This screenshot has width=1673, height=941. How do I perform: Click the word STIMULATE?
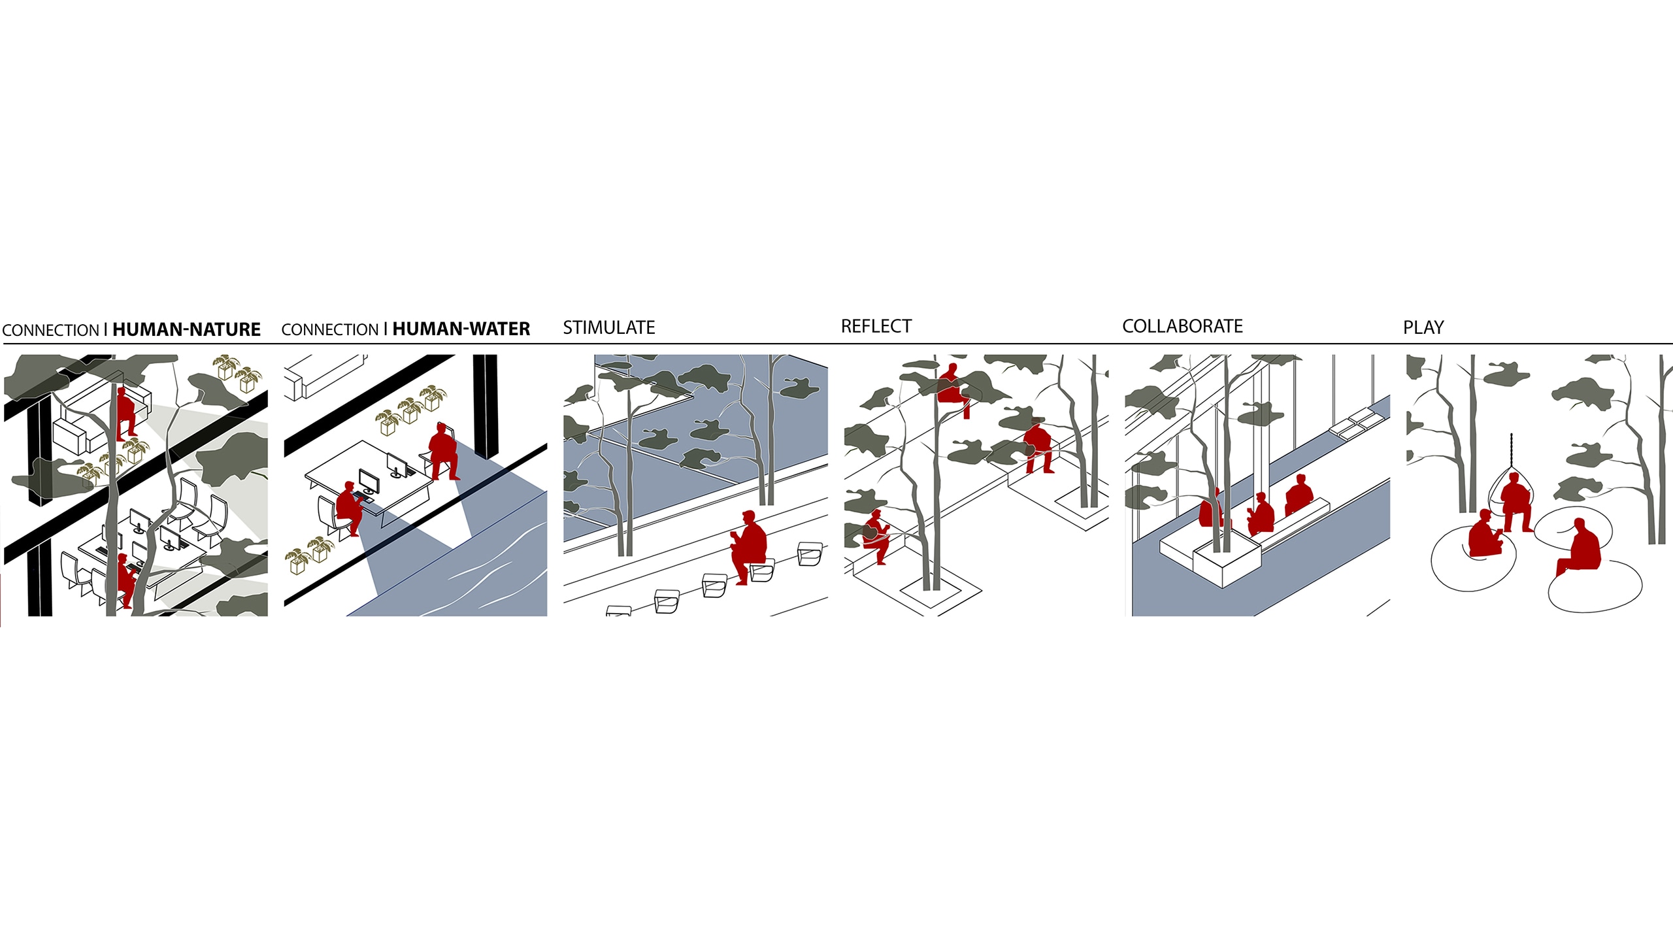[608, 327]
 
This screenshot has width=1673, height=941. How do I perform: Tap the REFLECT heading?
[876, 326]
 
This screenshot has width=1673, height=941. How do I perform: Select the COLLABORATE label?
[1182, 326]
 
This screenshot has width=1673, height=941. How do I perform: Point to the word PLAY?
[1423, 327]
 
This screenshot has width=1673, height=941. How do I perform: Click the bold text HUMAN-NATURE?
[186, 329]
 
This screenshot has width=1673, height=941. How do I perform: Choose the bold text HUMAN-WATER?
[461, 329]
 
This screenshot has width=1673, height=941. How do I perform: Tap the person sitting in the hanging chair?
[1516, 504]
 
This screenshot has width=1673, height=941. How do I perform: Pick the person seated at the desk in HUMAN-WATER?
[350, 507]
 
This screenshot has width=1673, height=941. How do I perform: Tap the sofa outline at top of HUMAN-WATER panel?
[325, 376]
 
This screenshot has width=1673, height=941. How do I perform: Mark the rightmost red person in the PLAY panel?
[1580, 548]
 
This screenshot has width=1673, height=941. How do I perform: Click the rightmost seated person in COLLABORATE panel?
[1299, 495]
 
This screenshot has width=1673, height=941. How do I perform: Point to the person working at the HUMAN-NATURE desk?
[125, 580]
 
